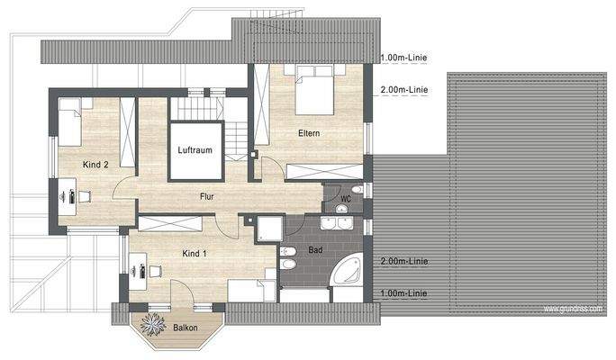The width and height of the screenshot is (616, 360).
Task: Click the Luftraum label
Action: [x=195, y=150]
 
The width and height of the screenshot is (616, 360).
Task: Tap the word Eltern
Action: [x=310, y=134]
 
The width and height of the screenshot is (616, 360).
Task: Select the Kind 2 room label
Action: [x=95, y=165]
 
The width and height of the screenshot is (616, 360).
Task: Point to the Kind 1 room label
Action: [x=194, y=254]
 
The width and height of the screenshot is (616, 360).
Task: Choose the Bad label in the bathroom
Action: [x=314, y=249]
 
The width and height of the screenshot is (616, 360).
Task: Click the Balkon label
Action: [x=186, y=328]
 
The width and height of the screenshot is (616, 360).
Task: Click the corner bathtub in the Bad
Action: [x=349, y=271]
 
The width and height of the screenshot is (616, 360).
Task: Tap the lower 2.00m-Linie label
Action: [x=404, y=261]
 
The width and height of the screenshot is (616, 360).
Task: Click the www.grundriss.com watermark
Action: [x=574, y=309]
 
